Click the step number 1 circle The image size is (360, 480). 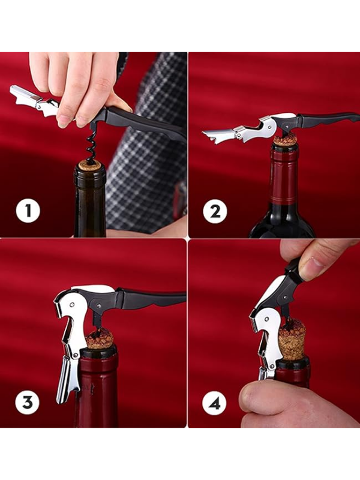click(x=28, y=211)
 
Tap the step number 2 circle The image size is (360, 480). click(x=215, y=211)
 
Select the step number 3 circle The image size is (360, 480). click(x=27, y=402)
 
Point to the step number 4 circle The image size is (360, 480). click(x=214, y=403)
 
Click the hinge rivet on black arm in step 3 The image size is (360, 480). click(x=99, y=305)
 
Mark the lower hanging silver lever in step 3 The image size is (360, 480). click(x=66, y=379)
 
